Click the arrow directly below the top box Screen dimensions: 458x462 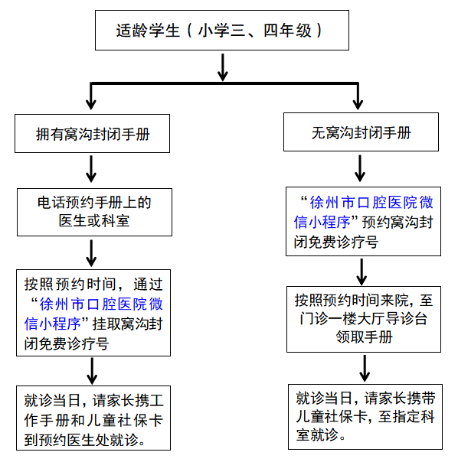point(223,67)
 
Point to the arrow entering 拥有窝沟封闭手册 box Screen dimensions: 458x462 point(91,96)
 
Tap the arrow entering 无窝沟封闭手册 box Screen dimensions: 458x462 point(358,96)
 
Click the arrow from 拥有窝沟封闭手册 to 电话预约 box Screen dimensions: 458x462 point(91,169)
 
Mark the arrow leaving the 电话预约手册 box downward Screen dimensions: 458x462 point(91,253)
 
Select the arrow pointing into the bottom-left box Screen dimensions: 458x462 point(93,371)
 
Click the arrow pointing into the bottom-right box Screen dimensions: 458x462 point(365,369)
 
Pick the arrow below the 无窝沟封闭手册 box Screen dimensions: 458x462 point(360,168)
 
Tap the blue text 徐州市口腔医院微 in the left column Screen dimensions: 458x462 point(101,304)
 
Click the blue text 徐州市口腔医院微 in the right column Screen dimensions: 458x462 point(371,203)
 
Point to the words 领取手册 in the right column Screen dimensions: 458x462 point(364,337)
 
